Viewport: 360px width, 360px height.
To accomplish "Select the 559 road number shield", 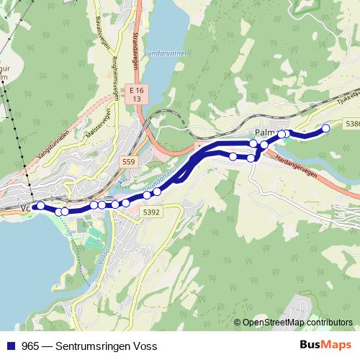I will pos(129,163).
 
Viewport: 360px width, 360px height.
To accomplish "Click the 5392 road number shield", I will pos(150,212).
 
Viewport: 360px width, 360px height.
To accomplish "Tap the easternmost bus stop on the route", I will pos(325,128).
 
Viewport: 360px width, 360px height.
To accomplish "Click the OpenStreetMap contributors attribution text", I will pos(297,323).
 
